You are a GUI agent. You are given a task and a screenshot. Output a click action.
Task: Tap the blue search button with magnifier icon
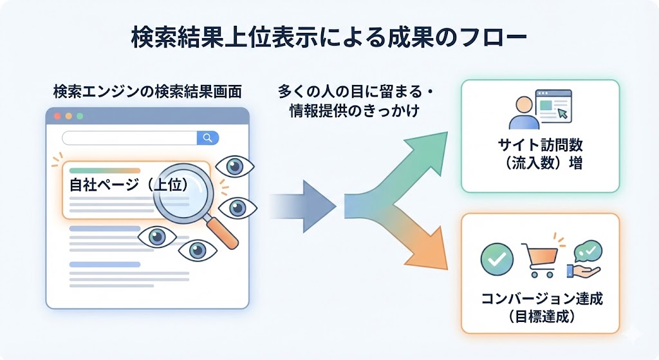[x=207, y=137]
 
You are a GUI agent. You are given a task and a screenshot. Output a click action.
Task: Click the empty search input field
[x=129, y=137]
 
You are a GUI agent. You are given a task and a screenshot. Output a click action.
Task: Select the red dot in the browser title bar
[x=57, y=117]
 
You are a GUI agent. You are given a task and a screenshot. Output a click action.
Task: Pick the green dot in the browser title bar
[x=80, y=117]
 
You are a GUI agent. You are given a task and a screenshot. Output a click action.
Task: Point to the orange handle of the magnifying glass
[x=225, y=234]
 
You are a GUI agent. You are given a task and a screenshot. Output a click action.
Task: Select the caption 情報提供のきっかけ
[x=355, y=111]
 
